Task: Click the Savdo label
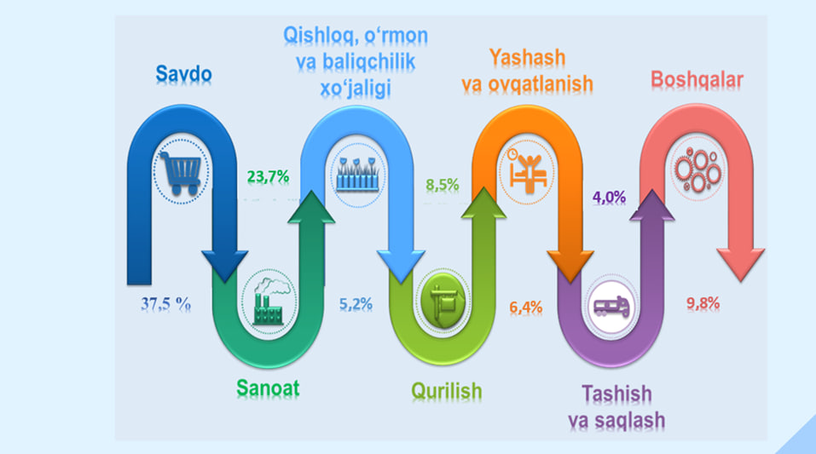pos(183,74)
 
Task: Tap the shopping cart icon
pos(181,173)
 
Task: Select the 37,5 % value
pos(165,304)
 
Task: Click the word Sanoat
pos(268,388)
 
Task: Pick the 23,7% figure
pos(268,177)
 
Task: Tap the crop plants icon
pos(356,174)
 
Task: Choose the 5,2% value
pos(356,304)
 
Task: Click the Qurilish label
pos(447,391)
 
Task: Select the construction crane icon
pos(443,301)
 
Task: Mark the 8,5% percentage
pos(443,185)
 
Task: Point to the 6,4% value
pos(525,307)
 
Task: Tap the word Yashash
pos(527,57)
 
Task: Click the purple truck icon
pos(611,307)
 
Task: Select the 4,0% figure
pos(609,198)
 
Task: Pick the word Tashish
pos(616,394)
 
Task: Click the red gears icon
pos(697,169)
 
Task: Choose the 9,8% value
pos(703,303)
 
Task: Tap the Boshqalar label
pos(697,80)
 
